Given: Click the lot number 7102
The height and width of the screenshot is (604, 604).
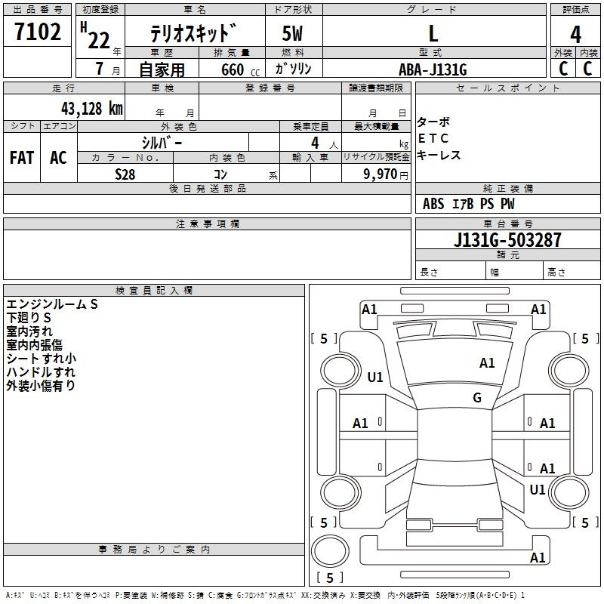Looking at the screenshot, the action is [38, 32].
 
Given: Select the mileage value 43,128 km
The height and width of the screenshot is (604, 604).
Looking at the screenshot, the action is [92, 109].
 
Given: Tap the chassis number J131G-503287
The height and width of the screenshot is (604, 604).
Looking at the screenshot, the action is [507, 240].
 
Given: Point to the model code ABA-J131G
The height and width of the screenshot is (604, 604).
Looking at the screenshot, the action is [433, 69].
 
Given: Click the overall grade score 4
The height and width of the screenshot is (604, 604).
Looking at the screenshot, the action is [575, 35].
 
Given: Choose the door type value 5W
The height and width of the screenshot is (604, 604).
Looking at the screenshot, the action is [292, 33].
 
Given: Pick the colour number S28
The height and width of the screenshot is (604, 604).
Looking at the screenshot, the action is [125, 174].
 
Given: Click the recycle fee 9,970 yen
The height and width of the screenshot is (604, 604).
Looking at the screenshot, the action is [386, 174].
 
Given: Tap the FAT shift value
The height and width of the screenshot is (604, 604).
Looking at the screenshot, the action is [22, 158].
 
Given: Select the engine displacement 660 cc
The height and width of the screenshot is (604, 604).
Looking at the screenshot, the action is [240, 69].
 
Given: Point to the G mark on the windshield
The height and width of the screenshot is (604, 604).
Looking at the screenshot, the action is [477, 397].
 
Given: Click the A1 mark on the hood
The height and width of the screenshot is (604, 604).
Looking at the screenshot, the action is [487, 362].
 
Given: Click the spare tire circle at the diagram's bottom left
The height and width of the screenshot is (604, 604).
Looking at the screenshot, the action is [330, 551].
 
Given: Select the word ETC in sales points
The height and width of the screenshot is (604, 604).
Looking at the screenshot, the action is [433, 138].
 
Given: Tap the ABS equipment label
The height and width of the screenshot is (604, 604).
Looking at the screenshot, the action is [433, 204].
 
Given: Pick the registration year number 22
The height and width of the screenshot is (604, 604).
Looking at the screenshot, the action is [99, 40].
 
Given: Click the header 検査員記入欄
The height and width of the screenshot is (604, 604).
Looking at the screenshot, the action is [154, 291].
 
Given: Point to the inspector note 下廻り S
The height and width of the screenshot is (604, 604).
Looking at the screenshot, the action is [29, 318].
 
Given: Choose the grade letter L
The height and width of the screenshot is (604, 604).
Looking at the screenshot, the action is [433, 34].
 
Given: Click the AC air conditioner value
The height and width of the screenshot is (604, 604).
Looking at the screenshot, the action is [58, 158].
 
